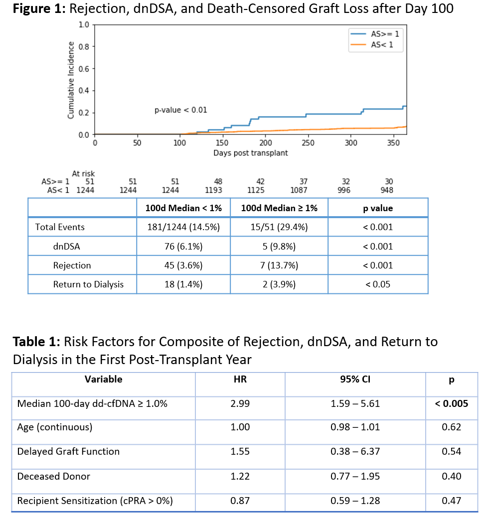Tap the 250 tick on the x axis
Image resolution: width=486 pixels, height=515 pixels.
click(308, 143)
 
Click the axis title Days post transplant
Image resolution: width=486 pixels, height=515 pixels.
click(251, 153)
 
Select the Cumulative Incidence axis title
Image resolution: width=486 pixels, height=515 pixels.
click(71, 80)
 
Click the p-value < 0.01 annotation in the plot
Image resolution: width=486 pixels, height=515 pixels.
click(180, 110)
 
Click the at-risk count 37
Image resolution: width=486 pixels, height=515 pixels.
click(304, 182)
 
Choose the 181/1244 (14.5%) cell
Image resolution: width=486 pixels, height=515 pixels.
click(183, 227)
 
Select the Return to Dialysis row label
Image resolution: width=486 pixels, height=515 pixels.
click(88, 284)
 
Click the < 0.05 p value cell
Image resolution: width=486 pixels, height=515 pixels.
click(378, 284)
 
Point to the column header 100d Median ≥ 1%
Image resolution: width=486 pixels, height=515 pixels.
click(279, 208)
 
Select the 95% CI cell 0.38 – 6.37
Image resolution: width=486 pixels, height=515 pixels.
click(355, 452)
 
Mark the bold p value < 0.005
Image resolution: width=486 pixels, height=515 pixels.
click(451, 403)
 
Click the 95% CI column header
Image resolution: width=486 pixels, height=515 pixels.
click(355, 380)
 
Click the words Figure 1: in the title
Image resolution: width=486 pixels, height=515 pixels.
click(38, 9)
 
